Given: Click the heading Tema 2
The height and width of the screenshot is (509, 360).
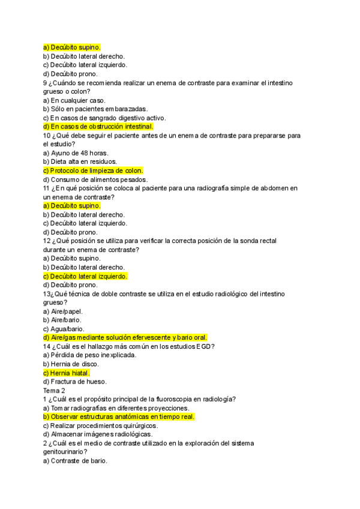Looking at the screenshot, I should point(55,390).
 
